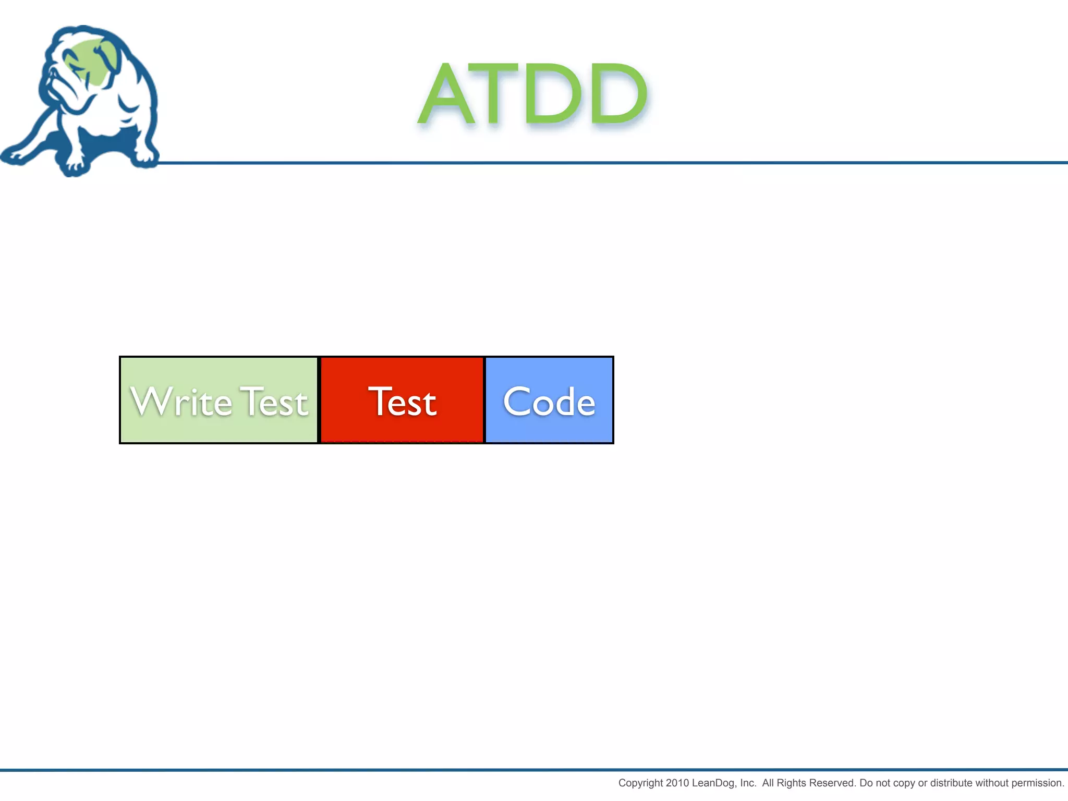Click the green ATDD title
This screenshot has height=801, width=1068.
point(533,94)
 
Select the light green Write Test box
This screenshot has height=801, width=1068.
point(219,400)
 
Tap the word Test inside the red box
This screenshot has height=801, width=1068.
point(402,402)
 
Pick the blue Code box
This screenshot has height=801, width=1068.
point(549,400)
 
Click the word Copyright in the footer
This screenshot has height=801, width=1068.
point(640,783)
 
